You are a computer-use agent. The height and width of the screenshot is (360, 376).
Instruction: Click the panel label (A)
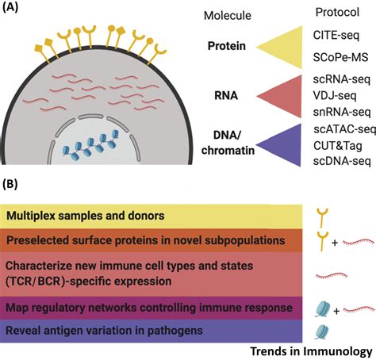pos(13,10)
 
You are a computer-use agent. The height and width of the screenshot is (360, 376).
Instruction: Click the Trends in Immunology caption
pos(312,350)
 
